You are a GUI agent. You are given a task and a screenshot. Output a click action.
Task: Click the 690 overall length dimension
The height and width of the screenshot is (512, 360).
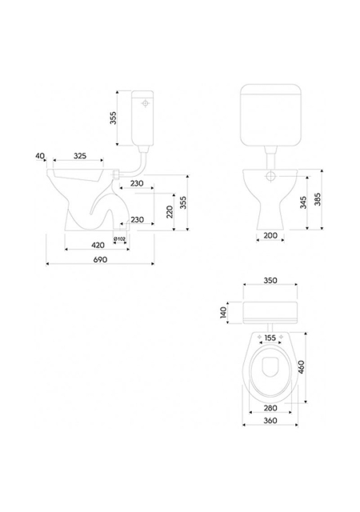[x=100, y=259]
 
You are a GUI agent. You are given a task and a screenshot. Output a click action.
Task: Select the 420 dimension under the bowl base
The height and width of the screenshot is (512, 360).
[x=98, y=245]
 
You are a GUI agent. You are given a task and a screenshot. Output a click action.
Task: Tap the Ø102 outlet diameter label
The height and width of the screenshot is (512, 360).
[x=119, y=239]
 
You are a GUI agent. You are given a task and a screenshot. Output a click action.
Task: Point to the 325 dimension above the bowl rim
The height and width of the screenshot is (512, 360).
[x=80, y=156]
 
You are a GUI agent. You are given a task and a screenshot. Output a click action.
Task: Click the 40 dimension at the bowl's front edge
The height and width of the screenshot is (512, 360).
[x=40, y=156]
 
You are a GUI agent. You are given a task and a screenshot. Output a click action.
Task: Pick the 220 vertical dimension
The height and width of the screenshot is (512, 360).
[x=170, y=211]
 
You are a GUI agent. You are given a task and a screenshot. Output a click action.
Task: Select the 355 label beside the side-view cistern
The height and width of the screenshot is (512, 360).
[x=113, y=118]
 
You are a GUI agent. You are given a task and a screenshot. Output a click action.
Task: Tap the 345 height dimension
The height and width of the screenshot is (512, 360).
[x=303, y=202]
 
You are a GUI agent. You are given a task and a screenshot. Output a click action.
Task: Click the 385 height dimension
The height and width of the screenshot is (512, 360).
[x=318, y=199]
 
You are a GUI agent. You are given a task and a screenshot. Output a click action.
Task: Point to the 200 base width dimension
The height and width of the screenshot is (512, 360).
[x=270, y=235]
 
